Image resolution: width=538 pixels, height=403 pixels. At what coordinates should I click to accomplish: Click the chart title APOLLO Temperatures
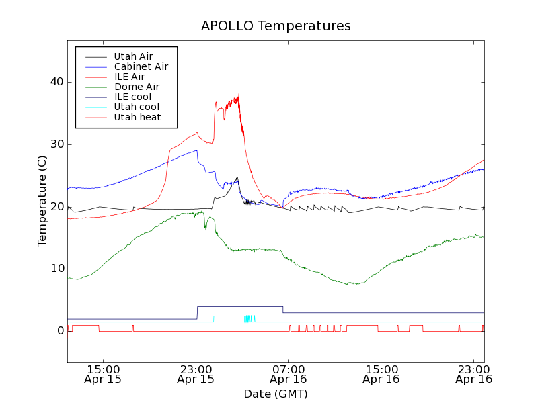[276, 26]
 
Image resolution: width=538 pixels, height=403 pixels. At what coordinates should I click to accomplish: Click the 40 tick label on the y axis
[56, 82]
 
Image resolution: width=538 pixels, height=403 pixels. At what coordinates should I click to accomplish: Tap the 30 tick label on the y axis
[56, 144]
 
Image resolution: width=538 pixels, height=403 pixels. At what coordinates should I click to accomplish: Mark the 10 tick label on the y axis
[56, 269]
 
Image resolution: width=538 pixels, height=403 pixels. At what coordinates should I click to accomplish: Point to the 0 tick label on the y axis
[60, 331]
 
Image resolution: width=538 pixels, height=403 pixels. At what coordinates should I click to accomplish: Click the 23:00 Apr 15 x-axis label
[196, 374]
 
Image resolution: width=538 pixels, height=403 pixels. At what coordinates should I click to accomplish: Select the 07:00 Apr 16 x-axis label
[289, 374]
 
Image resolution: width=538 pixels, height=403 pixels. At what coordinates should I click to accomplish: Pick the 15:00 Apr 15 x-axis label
[103, 374]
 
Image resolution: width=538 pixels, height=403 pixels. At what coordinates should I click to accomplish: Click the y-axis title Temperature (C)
[42, 201]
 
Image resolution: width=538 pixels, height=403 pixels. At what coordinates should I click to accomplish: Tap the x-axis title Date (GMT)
[276, 394]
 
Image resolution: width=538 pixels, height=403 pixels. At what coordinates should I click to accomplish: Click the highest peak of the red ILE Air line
[239, 95]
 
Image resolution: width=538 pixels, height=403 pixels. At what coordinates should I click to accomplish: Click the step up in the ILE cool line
[197, 312]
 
